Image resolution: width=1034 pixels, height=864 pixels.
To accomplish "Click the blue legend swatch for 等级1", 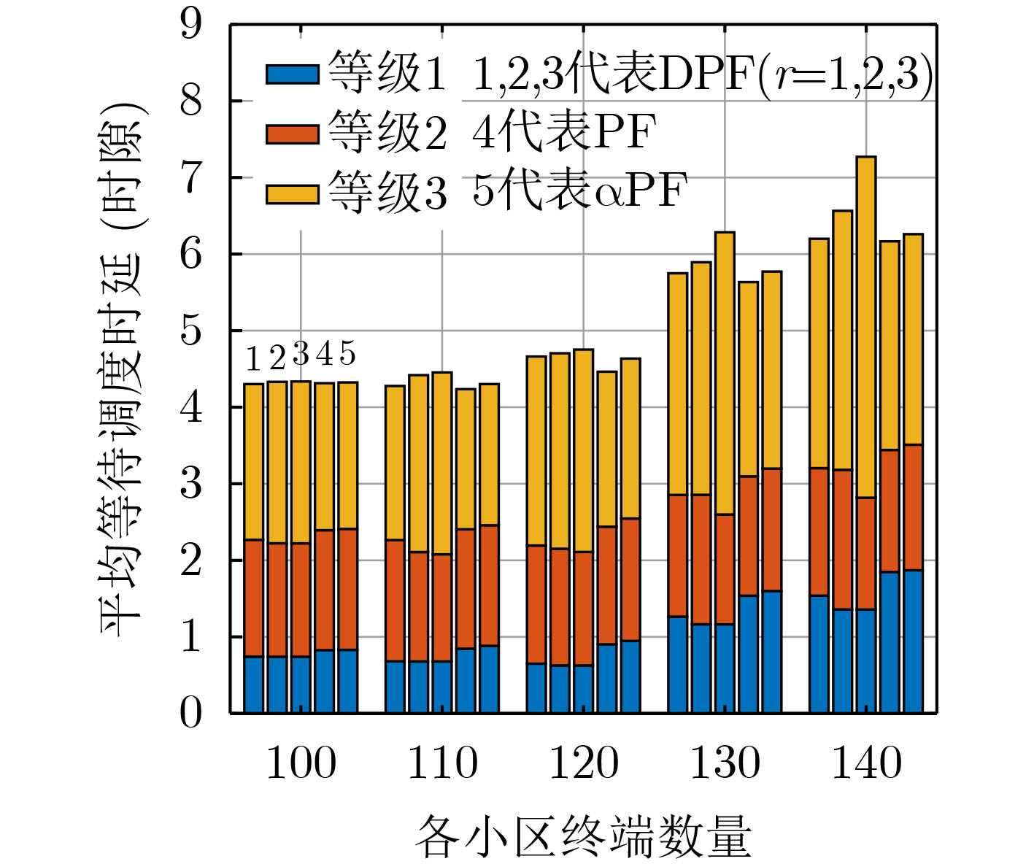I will pyautogui.click(x=292, y=74).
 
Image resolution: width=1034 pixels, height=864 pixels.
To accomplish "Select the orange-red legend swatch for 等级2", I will pyautogui.click(x=292, y=134).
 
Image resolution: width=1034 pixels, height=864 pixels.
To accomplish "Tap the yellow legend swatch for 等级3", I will pyautogui.click(x=292, y=194).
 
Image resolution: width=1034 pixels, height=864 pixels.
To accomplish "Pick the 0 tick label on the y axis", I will pyautogui.click(x=191, y=713).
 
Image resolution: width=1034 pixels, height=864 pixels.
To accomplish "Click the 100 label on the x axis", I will pyautogui.click(x=301, y=763).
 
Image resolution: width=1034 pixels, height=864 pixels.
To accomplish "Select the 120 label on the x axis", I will pyautogui.click(x=584, y=763).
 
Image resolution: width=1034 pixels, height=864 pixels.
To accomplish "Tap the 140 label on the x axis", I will pyautogui.click(x=867, y=763).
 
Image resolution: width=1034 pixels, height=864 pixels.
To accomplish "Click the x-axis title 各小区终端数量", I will pyautogui.click(x=584, y=836).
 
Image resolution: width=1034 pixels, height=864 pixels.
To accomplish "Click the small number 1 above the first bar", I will pyautogui.click(x=253, y=359).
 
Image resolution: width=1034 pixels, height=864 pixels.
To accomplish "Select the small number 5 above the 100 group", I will pyautogui.click(x=348, y=354).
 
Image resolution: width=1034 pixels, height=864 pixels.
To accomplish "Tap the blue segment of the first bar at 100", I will pyautogui.click(x=253, y=684).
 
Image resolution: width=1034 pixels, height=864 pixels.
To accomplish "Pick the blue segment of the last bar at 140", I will pyautogui.click(x=914, y=641).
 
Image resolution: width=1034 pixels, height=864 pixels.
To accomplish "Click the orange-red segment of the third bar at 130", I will pyautogui.click(x=725, y=569).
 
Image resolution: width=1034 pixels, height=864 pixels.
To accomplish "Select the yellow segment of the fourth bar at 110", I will pyautogui.click(x=466, y=458).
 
